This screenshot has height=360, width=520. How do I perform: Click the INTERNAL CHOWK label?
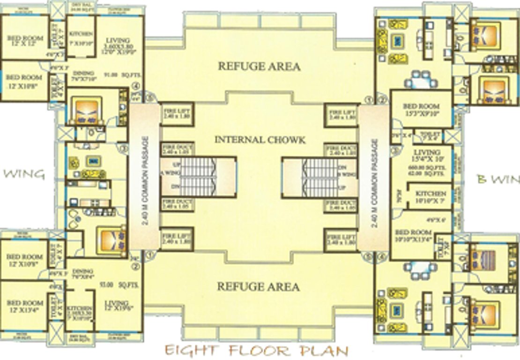(260, 140)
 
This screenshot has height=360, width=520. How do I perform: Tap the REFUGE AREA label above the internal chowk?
(259, 67)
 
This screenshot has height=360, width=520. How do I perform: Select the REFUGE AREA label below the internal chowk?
(259, 286)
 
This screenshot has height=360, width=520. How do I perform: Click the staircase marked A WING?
(197, 177)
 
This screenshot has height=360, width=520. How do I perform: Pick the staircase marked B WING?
(321, 177)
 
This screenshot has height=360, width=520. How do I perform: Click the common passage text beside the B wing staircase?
(373, 180)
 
